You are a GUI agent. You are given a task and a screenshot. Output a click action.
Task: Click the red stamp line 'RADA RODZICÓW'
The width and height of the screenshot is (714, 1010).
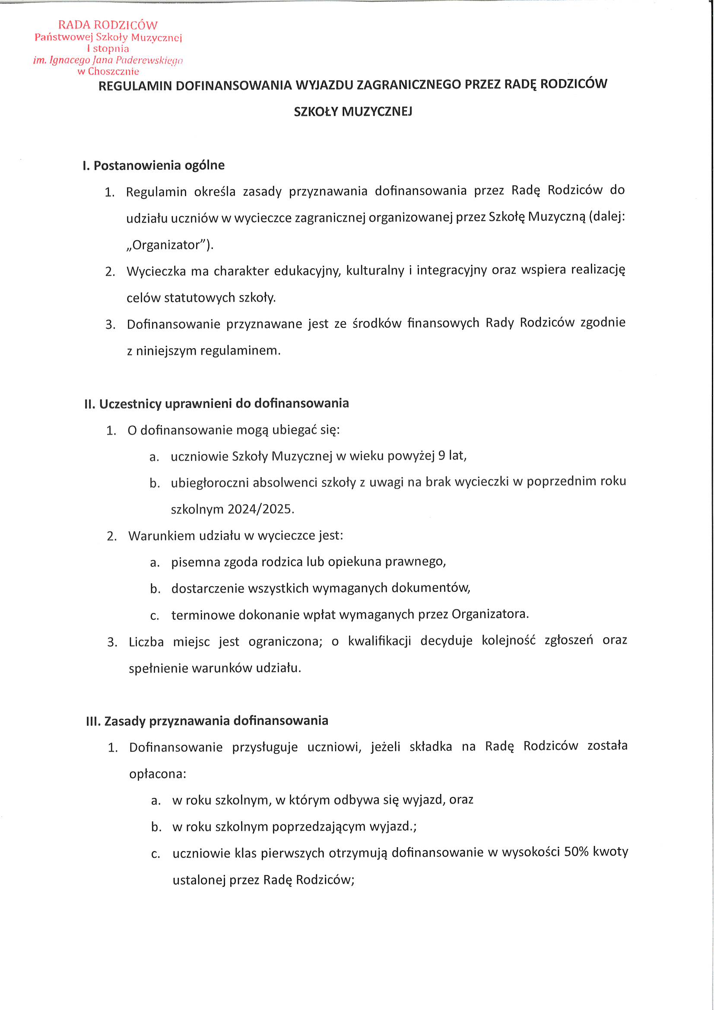108,25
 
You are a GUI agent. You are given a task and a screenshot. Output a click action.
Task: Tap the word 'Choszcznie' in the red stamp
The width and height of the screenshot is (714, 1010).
114,71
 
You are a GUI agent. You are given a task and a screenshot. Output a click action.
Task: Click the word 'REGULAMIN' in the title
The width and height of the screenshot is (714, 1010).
135,86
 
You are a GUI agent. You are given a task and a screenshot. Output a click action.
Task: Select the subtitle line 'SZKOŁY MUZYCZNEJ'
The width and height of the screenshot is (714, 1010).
353,112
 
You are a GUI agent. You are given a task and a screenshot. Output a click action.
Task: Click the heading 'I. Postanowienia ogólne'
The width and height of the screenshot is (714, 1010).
153,166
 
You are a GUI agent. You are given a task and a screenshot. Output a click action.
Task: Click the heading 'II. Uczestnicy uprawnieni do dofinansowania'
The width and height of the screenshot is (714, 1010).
216,403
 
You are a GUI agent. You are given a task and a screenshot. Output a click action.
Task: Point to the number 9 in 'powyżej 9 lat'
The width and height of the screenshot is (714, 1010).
442,455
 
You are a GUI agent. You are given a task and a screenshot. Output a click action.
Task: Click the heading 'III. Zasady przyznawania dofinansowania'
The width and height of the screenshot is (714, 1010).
207,721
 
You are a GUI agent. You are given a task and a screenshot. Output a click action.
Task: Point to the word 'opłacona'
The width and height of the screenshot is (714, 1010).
157,774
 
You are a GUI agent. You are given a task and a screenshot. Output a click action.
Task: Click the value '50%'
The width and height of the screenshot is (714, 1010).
576,851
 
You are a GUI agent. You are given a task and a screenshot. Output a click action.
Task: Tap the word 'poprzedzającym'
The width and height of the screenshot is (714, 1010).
318,826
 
